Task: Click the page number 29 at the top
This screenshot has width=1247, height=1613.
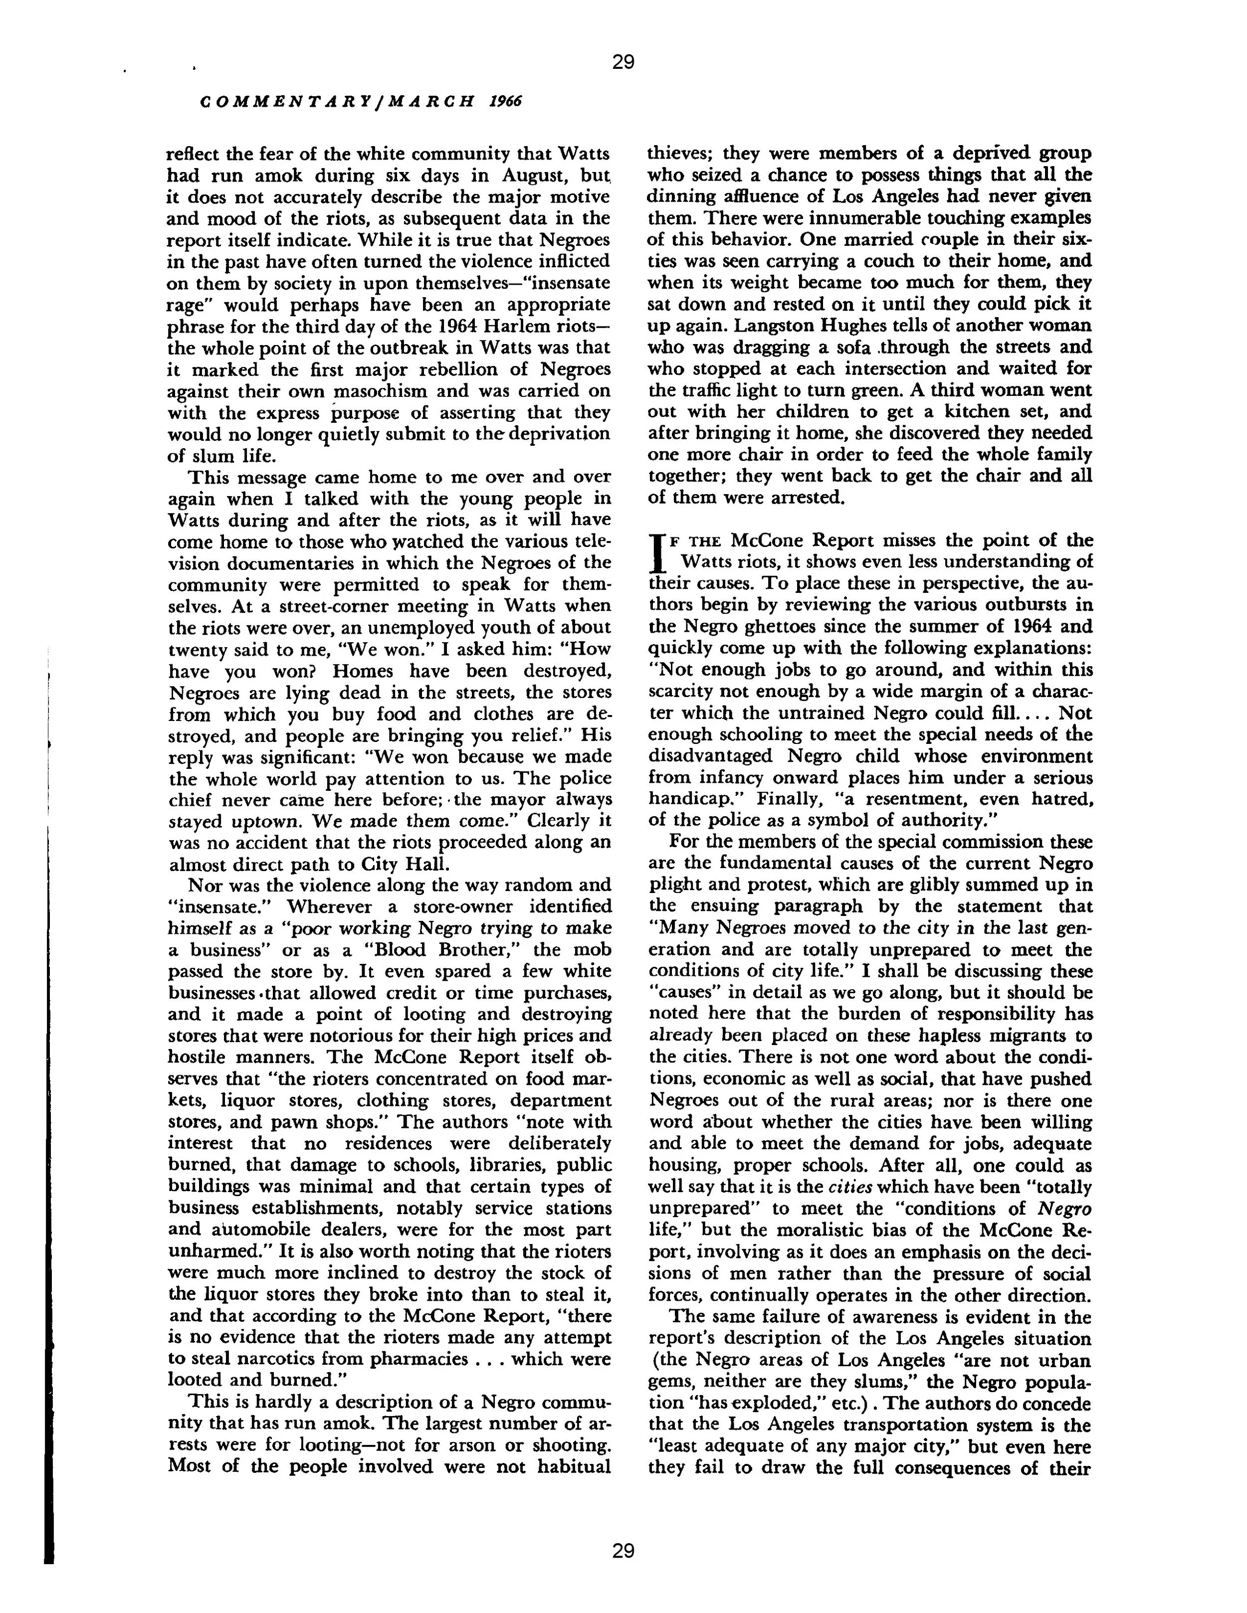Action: click(623, 62)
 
